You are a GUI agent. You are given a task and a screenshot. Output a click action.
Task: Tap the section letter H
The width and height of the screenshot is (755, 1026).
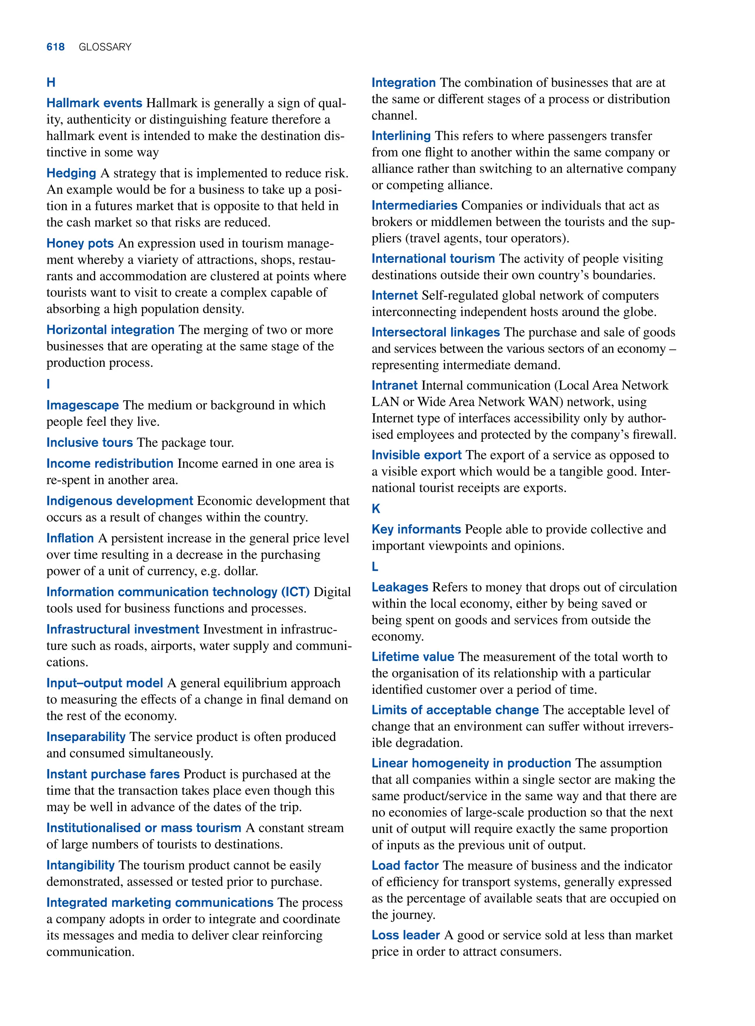pos(51,83)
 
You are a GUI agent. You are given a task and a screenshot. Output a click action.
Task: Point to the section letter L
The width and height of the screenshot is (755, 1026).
pos(375,567)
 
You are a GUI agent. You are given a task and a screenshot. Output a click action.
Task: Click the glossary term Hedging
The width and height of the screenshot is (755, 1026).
pos(71,173)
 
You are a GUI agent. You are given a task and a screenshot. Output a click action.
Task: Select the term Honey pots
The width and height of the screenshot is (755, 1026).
pos(80,243)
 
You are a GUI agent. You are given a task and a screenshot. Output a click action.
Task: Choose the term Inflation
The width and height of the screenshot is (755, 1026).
pos(70,538)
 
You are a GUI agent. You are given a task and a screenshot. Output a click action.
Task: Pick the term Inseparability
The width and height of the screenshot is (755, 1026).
pos(86,737)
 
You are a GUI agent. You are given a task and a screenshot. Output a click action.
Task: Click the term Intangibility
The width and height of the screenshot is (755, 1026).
pos(80,865)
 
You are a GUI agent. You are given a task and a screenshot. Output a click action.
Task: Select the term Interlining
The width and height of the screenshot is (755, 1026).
pos(401,136)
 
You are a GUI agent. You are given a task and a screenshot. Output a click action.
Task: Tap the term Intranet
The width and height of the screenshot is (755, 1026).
pos(394,385)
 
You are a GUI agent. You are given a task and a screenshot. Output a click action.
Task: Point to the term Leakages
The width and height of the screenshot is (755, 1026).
pos(400,587)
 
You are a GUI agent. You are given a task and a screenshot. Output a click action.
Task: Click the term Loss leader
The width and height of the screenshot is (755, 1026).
pos(406,935)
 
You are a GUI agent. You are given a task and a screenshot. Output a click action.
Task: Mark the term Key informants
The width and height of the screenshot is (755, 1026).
pos(416,529)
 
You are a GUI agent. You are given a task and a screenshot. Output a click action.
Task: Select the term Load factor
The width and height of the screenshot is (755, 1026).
pos(405,866)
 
